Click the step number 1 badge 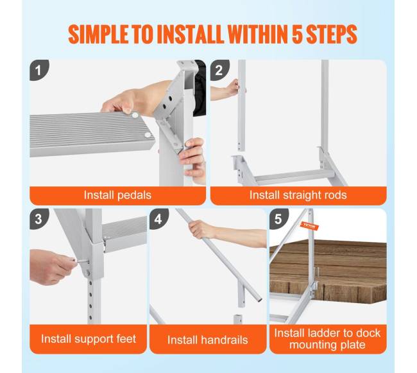coord(39,70)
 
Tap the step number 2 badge coord(219,70)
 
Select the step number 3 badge coord(39,219)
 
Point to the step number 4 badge coord(158,219)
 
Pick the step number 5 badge coord(278,219)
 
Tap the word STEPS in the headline coord(332,35)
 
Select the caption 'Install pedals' coord(117,195)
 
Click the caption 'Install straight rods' coord(298,195)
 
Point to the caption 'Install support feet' coord(89,339)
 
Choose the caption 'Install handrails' coord(208,340)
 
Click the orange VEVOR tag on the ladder coord(309,226)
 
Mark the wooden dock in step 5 coord(328,271)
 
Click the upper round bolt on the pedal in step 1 coord(135,116)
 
